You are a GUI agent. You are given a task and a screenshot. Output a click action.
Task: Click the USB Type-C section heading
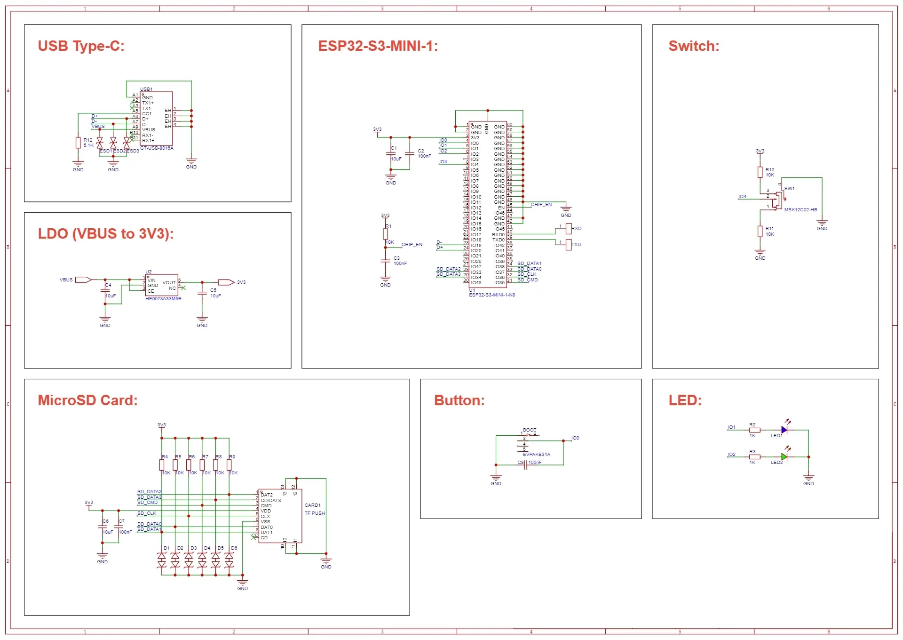(81, 46)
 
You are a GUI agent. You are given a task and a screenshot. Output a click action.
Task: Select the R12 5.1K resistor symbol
(78, 143)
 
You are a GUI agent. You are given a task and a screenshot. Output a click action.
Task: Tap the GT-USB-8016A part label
(157, 148)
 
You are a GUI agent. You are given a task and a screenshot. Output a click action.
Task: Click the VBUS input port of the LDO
(83, 280)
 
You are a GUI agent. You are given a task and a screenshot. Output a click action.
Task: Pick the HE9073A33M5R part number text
(163, 299)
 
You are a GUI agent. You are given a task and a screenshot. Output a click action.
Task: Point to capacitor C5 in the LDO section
(202, 293)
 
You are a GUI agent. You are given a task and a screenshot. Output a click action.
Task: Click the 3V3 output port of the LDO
(226, 282)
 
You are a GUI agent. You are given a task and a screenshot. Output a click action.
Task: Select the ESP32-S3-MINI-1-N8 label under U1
(492, 295)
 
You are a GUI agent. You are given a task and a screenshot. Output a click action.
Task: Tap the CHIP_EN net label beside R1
(412, 245)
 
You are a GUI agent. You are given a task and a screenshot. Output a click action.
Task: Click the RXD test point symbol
(569, 229)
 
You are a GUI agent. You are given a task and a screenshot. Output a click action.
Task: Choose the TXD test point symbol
(569, 245)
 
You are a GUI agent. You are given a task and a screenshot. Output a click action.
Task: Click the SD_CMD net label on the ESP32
(527, 280)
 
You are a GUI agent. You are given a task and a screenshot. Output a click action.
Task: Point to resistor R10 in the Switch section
(760, 172)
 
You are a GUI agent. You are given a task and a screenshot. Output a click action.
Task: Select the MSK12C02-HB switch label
(800, 210)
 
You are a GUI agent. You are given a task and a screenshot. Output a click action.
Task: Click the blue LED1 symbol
(784, 430)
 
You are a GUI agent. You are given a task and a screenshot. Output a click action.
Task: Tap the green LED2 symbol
(784, 457)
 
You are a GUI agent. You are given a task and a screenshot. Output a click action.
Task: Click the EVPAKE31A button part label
(536, 455)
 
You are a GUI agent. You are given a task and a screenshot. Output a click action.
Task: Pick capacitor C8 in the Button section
(526, 463)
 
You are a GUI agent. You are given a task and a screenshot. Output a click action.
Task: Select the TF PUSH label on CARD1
(315, 513)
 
